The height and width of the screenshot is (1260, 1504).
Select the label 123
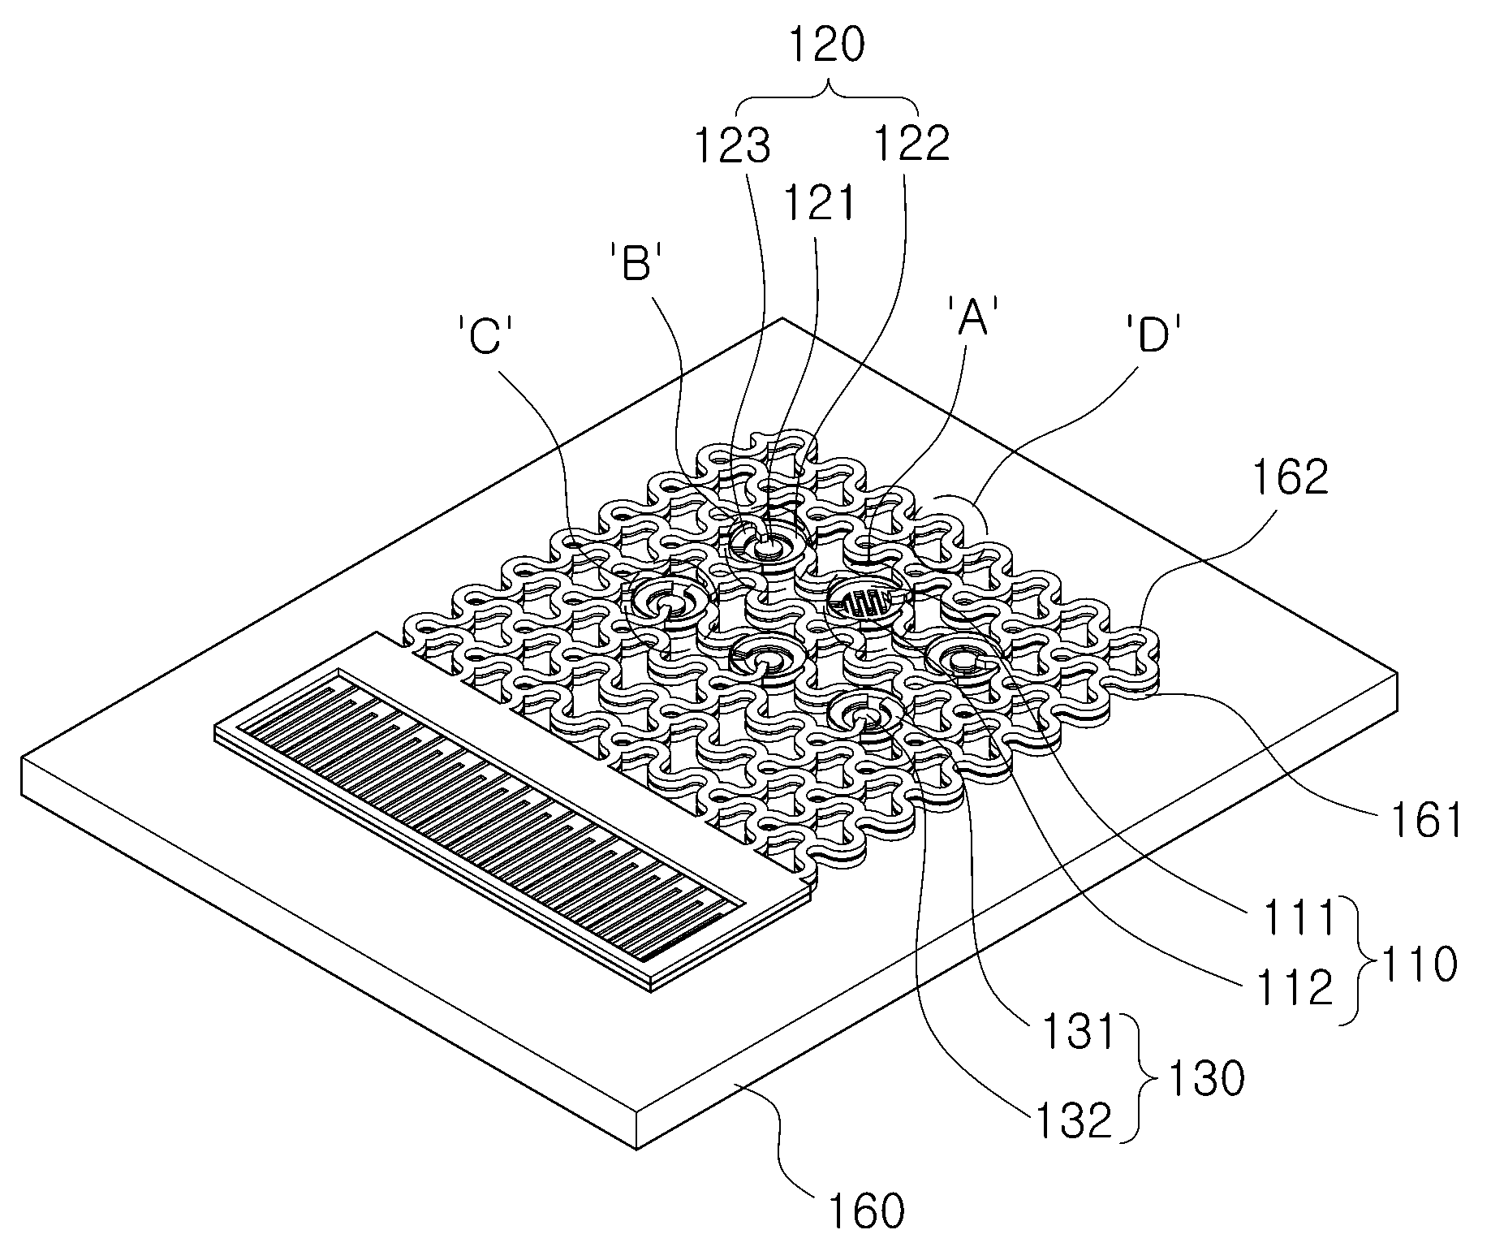[x=731, y=147]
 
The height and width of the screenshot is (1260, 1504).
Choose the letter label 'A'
[x=972, y=317]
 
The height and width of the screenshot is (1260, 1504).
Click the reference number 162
[x=1290, y=480]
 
